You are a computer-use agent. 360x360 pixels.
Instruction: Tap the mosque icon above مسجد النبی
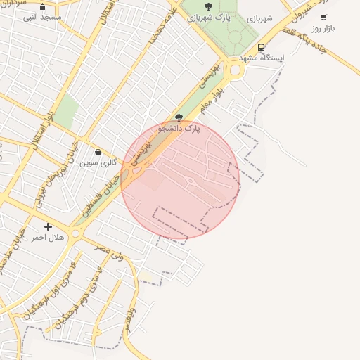[x=43, y=6]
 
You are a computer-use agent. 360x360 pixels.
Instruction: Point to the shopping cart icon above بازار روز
[x=323, y=18]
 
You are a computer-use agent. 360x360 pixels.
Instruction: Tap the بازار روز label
[x=323, y=27]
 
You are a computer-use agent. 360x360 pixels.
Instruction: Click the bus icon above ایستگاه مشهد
[x=262, y=48]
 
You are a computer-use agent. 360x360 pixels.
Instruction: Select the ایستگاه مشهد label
[x=262, y=58]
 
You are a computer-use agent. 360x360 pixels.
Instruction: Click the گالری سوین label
[x=97, y=162]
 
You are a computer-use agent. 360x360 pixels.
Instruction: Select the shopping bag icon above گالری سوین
[x=97, y=152]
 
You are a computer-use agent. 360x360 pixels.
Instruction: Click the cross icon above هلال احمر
[x=48, y=226]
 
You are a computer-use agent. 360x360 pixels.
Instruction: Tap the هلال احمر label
[x=48, y=237]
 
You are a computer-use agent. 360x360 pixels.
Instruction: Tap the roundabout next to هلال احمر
[x=75, y=233]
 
